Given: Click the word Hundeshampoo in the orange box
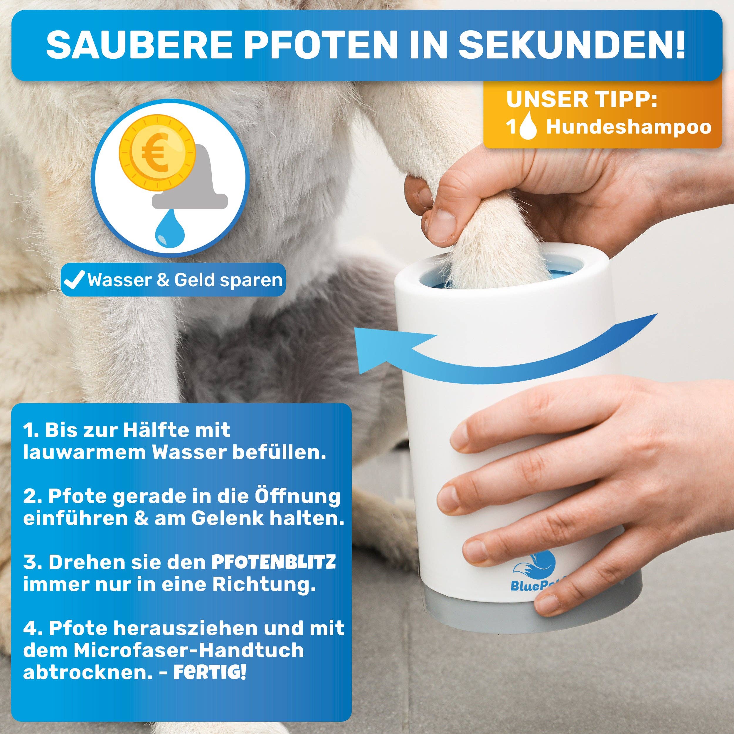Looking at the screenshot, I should (x=629, y=127).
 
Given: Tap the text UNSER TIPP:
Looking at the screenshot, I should (x=582, y=100).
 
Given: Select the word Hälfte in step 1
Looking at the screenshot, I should (x=155, y=430).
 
